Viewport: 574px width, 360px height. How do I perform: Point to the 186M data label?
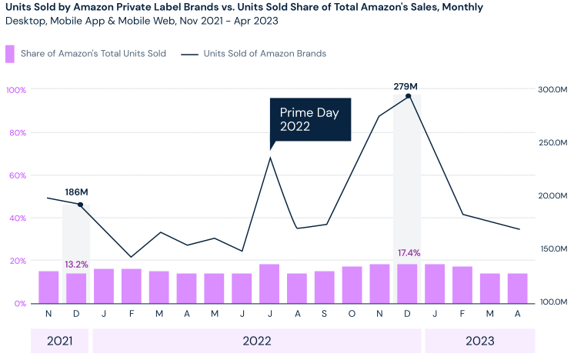(77, 192)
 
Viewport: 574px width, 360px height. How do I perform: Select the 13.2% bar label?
(76, 265)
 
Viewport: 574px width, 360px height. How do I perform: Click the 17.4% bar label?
(409, 253)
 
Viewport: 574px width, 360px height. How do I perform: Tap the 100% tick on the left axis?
(16, 90)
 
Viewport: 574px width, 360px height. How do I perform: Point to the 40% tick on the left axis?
(16, 218)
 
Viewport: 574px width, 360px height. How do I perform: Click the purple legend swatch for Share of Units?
(10, 54)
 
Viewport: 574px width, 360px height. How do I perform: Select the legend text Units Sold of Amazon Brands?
(265, 54)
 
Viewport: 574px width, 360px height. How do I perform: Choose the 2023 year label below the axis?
(479, 341)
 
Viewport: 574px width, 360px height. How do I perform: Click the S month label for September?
(325, 314)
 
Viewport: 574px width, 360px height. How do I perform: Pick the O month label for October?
(352, 314)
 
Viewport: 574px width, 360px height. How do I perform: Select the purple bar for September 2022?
(325, 287)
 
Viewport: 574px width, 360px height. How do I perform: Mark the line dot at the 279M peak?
(408, 96)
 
